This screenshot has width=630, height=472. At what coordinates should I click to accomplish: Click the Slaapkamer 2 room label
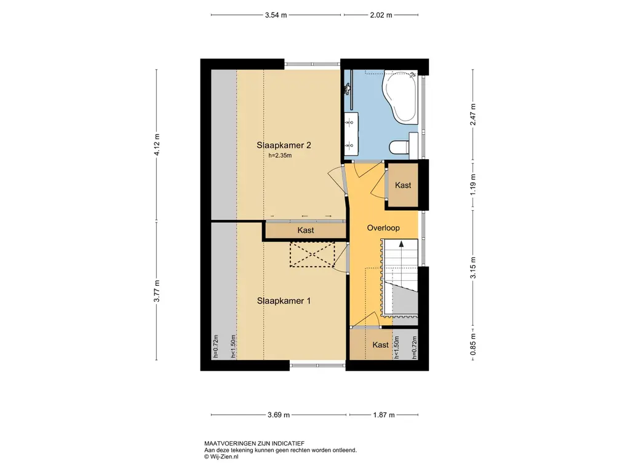point(284,145)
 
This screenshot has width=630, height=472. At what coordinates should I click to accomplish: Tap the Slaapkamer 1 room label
point(284,301)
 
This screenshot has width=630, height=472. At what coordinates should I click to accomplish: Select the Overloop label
point(383,228)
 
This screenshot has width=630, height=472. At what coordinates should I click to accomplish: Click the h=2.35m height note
point(280,155)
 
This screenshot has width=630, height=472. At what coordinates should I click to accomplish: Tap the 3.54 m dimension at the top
point(276,15)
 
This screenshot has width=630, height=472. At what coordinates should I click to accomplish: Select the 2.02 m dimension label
point(381,15)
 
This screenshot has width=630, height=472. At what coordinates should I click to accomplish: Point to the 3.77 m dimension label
point(157,291)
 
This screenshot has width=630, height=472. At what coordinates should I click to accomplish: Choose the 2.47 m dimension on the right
point(473,114)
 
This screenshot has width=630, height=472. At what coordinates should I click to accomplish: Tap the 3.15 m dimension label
point(473,268)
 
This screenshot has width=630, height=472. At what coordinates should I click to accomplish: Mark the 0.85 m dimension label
point(473,344)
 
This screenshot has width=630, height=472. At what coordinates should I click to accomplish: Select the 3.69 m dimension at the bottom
point(279,415)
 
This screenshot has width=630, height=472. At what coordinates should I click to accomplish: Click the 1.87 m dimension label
point(384,415)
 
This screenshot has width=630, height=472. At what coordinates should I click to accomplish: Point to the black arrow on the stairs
point(401,243)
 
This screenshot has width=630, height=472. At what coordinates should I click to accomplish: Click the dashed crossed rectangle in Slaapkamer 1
point(312,254)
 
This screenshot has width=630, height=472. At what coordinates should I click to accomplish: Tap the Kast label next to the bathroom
point(403,185)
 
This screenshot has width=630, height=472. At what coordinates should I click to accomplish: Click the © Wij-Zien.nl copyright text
point(221,457)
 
